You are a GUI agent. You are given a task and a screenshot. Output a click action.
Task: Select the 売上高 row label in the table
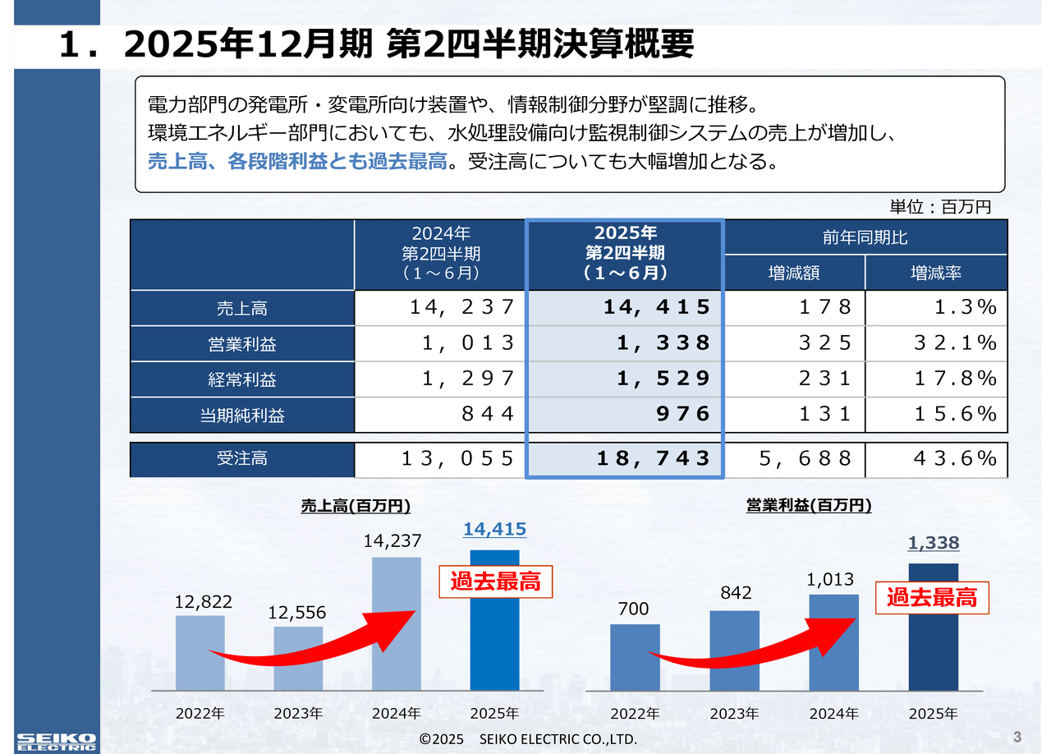[x=241, y=308]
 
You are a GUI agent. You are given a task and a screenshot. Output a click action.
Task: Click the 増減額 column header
[x=793, y=273]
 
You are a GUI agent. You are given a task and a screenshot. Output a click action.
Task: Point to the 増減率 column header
[x=936, y=273]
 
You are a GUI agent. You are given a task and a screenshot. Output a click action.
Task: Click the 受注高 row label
[x=241, y=458]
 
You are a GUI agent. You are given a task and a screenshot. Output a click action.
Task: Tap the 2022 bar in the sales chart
[x=200, y=653]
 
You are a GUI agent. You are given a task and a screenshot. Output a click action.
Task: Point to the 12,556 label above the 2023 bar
[x=297, y=613]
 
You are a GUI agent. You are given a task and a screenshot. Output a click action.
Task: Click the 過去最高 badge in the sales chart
[x=495, y=582]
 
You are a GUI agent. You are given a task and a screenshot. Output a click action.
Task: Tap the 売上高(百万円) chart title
[x=356, y=506]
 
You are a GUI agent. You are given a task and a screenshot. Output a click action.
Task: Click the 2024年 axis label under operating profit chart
[x=834, y=713]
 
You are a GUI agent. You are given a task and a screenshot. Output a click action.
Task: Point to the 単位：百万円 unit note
[x=941, y=207]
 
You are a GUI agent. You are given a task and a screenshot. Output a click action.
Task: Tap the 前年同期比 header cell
[x=865, y=237]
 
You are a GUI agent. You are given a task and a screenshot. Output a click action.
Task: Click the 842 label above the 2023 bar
[x=735, y=593]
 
